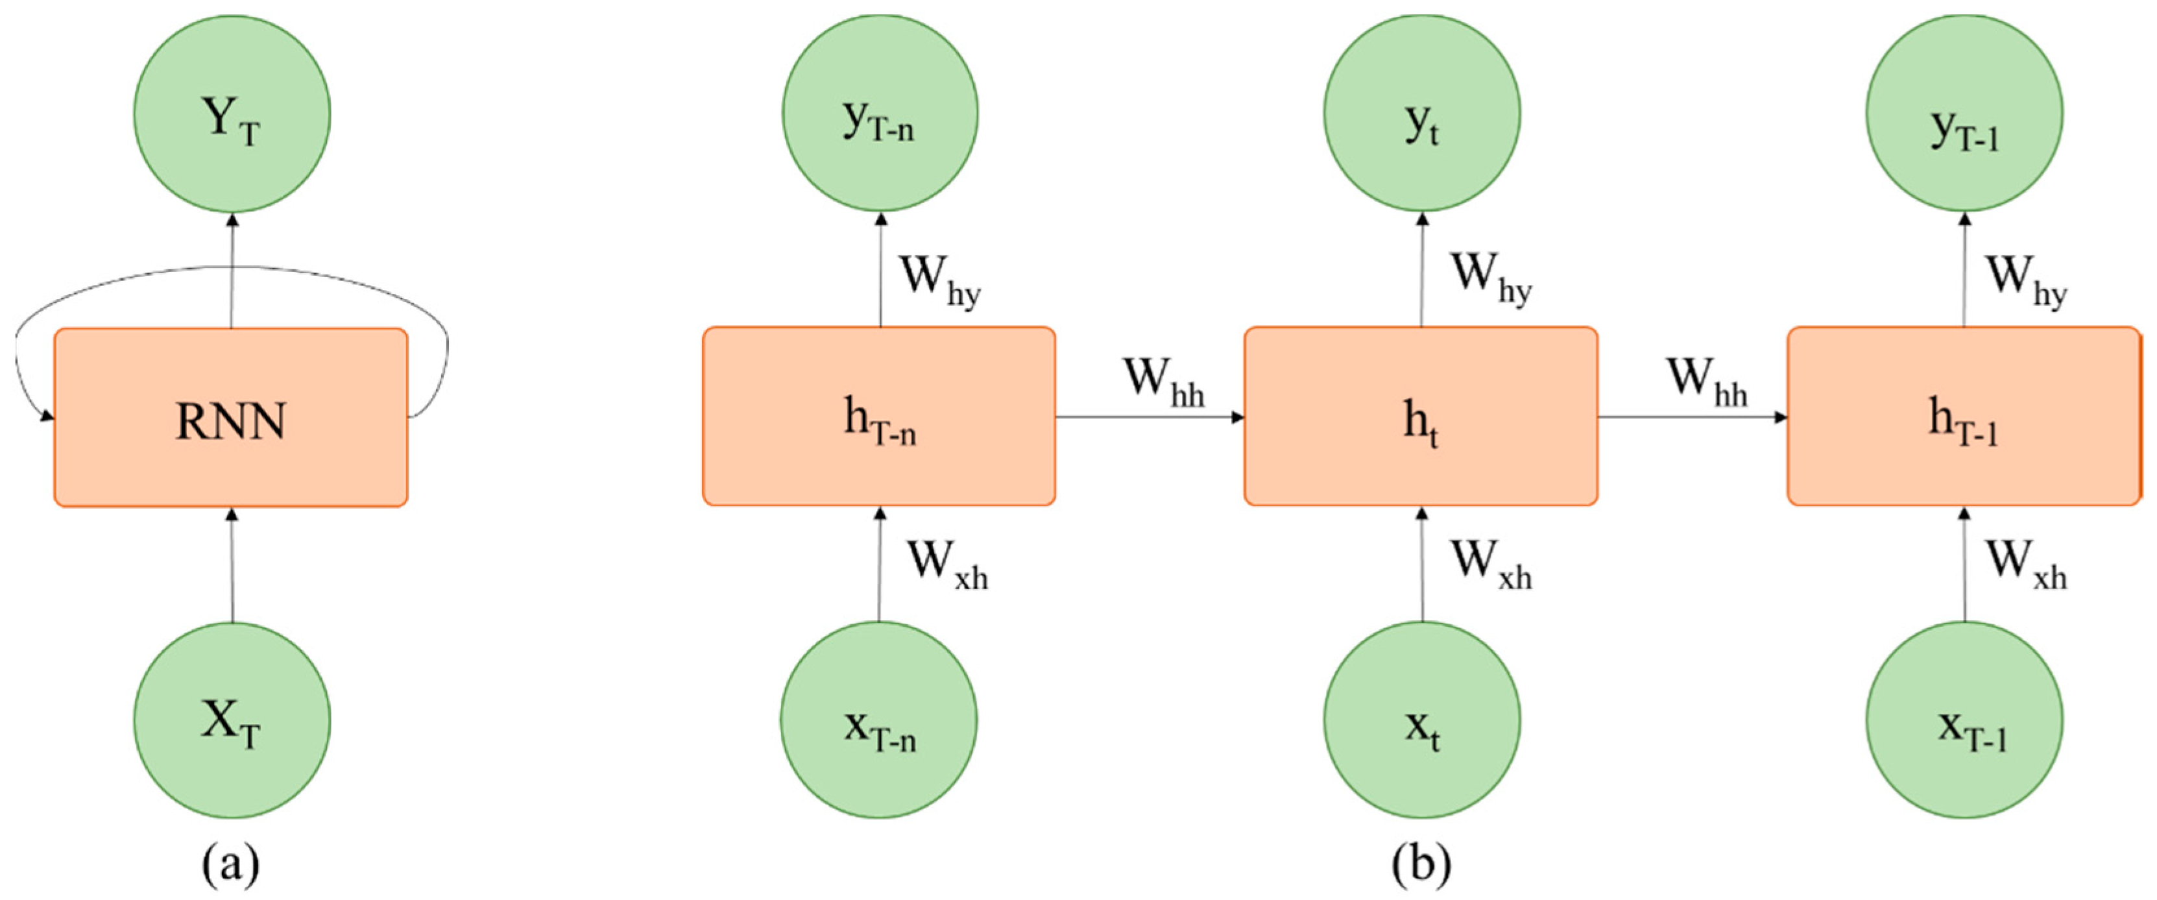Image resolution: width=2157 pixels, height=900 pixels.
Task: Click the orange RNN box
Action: coord(231,417)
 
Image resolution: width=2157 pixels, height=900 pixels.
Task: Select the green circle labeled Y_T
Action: coord(232,113)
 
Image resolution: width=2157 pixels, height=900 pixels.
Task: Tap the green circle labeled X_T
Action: coord(232,720)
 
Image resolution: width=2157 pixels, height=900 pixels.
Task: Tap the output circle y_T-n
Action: coord(879,113)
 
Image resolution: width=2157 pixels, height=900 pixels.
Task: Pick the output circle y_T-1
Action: coord(1964,113)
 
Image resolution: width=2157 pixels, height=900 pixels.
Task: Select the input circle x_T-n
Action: coord(879,720)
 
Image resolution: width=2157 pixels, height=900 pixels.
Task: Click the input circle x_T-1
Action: coord(1964,720)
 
